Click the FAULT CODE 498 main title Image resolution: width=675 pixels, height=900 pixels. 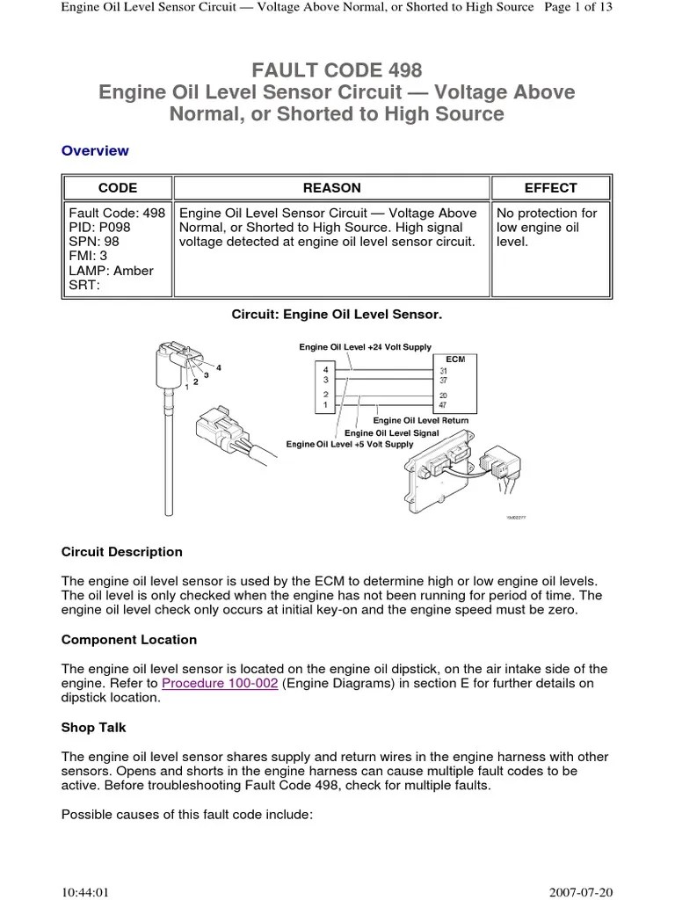coord(337,69)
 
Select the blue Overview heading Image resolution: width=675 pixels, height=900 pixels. coord(95,150)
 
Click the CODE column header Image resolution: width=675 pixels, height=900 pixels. coord(117,188)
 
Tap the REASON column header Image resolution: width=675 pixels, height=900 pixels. coord(331,188)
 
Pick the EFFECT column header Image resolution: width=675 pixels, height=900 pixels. coord(550,188)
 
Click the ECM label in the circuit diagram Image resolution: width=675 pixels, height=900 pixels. coord(455,359)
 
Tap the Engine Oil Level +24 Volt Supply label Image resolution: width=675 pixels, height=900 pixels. coord(365,348)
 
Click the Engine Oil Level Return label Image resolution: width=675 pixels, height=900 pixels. coord(421,421)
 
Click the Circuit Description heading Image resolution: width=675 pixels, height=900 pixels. coord(122,552)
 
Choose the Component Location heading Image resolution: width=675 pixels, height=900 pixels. coord(129,639)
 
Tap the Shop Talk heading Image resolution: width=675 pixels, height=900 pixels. coord(94,727)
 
